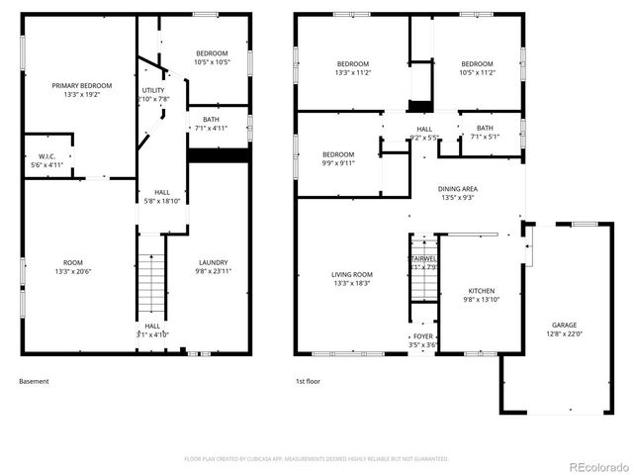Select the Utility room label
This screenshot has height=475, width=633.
(x=153, y=95)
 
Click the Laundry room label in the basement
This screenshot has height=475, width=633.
(x=212, y=266)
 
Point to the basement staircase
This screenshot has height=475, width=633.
(x=150, y=284)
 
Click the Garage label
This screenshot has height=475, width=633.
(x=565, y=329)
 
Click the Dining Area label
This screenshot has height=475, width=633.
(x=458, y=193)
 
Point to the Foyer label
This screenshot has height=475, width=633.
(x=423, y=340)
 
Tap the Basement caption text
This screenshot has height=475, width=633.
(x=34, y=381)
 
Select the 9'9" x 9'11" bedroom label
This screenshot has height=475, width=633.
(x=337, y=159)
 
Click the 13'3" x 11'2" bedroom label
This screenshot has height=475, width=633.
(x=351, y=68)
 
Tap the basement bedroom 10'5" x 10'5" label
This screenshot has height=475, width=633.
(x=211, y=57)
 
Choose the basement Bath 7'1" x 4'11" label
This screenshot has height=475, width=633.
(x=211, y=123)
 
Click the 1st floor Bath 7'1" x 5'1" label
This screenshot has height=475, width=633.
(x=484, y=133)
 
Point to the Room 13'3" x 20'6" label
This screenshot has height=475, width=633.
(x=74, y=266)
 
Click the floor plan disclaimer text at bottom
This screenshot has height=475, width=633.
(x=316, y=459)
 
